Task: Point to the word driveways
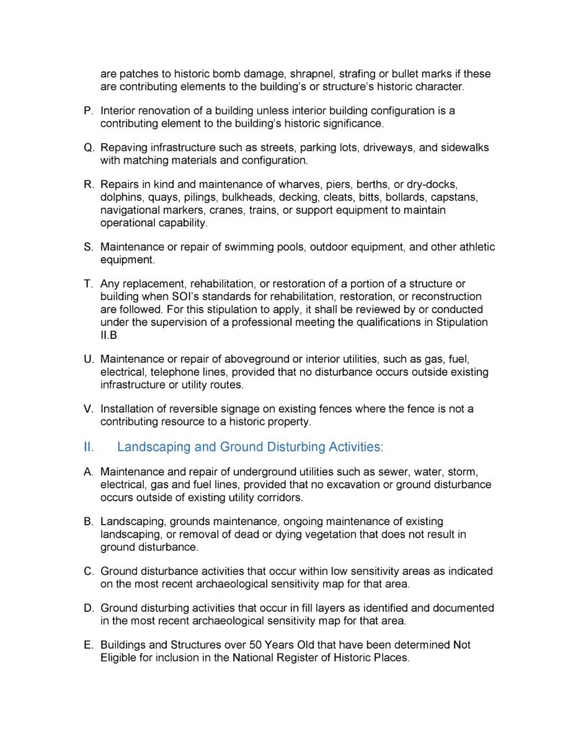coord(378,148)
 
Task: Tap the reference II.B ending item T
coord(109,335)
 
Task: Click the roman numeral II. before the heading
coord(89,447)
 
